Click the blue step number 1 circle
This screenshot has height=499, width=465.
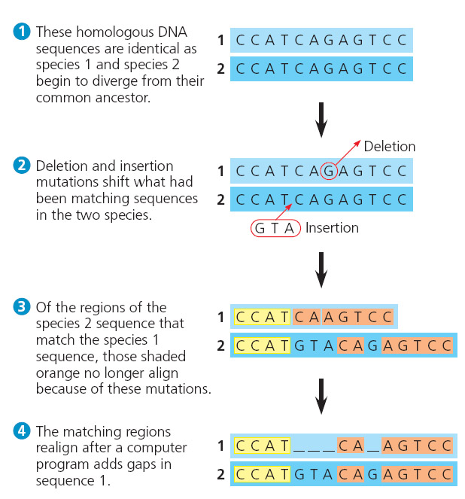(x=23, y=32)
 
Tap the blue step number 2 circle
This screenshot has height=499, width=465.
(x=23, y=166)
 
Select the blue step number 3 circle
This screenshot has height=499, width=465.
(x=23, y=307)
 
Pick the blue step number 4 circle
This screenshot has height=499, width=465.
(x=23, y=431)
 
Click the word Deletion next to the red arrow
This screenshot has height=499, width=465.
(x=390, y=146)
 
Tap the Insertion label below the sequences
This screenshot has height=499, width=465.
(x=332, y=227)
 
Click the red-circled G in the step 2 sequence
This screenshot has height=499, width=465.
(x=328, y=171)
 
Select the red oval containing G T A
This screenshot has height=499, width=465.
(x=276, y=227)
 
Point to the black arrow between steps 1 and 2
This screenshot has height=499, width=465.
(x=321, y=120)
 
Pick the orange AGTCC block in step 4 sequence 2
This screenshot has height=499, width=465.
(x=418, y=474)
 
